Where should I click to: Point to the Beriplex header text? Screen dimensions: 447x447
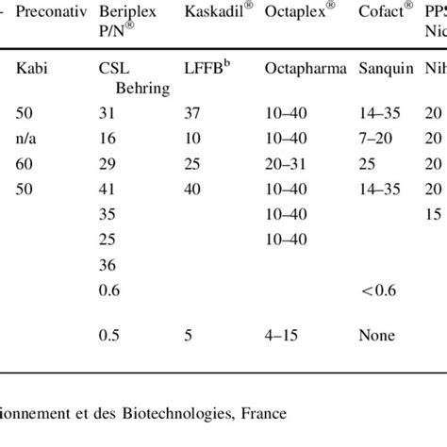pos(128,16)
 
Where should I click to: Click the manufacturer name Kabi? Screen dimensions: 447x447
pos(31,67)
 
